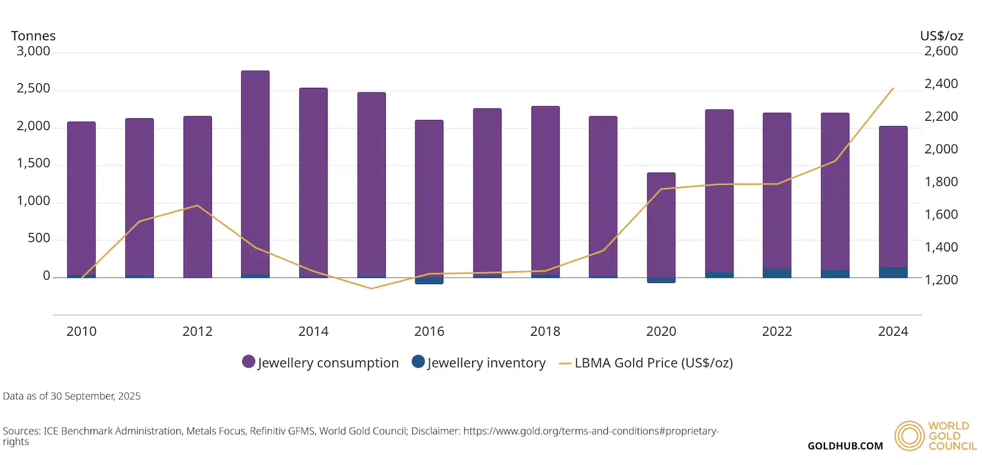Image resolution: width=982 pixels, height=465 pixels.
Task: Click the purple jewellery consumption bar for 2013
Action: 255,172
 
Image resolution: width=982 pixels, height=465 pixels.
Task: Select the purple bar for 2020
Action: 661,225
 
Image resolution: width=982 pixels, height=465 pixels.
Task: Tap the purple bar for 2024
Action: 893,197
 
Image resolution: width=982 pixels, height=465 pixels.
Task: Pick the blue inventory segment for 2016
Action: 429,280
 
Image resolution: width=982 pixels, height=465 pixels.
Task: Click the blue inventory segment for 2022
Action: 777,273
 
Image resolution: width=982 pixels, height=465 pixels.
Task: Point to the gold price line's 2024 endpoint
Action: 893,88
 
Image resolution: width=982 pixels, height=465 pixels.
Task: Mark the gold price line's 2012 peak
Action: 197,205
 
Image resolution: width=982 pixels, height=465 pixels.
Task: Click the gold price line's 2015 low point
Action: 371,289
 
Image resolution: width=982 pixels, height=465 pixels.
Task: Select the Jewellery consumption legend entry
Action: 320,362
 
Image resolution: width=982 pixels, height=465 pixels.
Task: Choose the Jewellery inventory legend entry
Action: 479,362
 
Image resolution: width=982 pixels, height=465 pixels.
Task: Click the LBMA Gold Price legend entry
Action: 646,363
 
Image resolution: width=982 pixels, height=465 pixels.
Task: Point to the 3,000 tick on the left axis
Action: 34,51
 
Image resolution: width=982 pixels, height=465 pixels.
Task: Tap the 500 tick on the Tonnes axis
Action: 39,238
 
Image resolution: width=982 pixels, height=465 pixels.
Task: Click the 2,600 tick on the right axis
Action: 941,51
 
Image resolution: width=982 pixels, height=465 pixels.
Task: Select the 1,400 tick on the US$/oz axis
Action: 941,247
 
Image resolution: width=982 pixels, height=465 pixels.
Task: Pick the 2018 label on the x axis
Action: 545,331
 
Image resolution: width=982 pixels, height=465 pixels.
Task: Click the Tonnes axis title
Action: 34,36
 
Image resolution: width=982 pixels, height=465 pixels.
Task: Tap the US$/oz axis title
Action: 942,36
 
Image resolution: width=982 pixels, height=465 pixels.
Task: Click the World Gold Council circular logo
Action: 909,436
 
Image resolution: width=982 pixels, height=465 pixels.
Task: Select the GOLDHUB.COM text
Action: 845,446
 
